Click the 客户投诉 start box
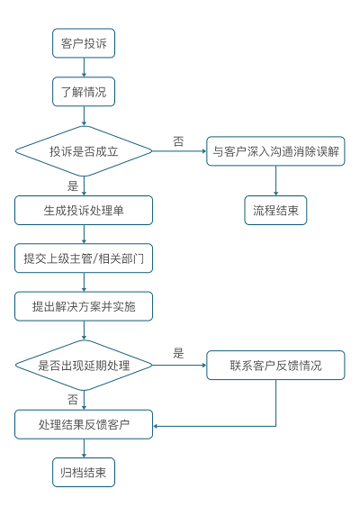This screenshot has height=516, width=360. pos(84,43)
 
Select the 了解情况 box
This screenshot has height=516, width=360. pos(84,92)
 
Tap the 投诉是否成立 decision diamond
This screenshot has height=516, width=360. pos(84,151)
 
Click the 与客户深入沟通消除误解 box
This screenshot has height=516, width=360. pos(275,151)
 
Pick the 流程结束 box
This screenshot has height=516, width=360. pos(275,211)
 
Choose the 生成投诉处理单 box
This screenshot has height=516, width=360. pos(84,211)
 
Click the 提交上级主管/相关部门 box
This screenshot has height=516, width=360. pos(84,258)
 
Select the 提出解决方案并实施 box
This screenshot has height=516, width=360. pos(84,306)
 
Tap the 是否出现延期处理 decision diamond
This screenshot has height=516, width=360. pos(84,366)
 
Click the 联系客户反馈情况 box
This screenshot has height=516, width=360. pos(275,366)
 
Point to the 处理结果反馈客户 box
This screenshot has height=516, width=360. pos(84,424)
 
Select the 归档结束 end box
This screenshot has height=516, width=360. pos(84,472)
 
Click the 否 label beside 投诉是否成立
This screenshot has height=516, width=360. pos(178,141)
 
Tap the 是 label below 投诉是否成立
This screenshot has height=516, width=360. pos(73,186)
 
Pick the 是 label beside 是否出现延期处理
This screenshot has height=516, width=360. pos(178,353)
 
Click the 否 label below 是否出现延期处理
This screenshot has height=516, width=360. pos(73,400)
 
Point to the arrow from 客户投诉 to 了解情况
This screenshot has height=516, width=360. pos(84,68)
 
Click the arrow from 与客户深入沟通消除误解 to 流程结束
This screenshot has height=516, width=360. pos(275,181)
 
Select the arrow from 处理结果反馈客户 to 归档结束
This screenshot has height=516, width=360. pos(84,448)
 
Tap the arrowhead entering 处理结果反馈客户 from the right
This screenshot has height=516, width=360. pos(156,426)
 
